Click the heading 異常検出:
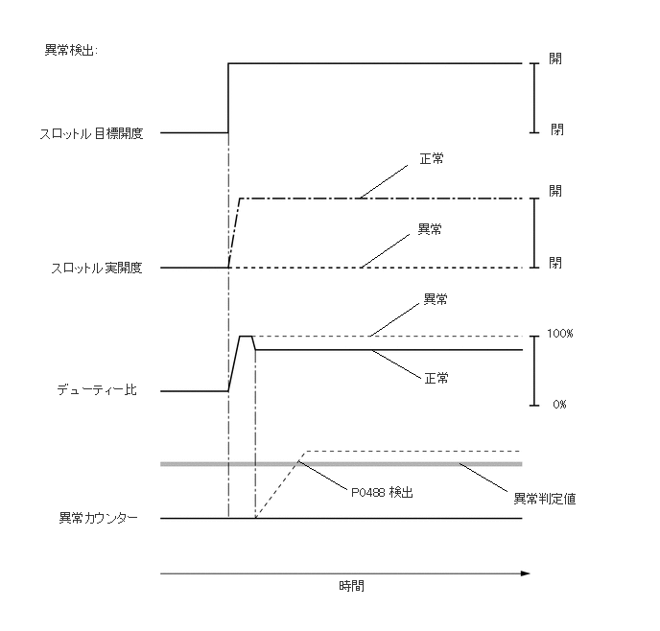coord(71,49)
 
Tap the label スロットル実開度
coord(96,268)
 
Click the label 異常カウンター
coord(99,519)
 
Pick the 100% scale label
coord(559,333)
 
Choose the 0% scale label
coord(559,405)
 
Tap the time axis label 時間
coord(352,586)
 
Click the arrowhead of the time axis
coord(525,573)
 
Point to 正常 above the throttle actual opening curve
coord(432,156)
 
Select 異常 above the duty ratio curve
coord(436,300)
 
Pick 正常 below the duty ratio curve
coord(436,379)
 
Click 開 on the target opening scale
coord(555,58)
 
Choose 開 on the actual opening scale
coord(555,191)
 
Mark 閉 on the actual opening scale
coord(556,262)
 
